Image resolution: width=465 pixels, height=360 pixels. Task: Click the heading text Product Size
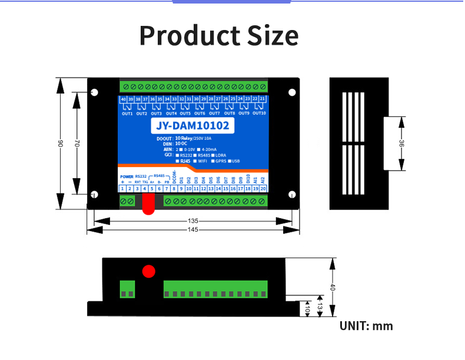[x=219, y=36]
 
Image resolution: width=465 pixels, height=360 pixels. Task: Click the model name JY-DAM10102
[x=192, y=125]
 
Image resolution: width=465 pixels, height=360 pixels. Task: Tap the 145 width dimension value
[x=193, y=229]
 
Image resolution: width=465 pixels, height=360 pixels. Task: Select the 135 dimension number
[x=193, y=221]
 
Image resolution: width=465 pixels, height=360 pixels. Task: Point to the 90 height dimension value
[x=60, y=144]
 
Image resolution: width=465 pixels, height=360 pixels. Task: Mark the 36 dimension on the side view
[x=401, y=143]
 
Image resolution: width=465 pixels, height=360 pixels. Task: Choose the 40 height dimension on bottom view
[x=333, y=288]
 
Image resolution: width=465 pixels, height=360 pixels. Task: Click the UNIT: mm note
[x=366, y=326]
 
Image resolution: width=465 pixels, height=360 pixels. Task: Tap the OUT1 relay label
[x=127, y=113]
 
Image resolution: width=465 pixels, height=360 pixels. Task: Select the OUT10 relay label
[x=259, y=113]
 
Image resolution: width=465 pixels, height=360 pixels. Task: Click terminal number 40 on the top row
[x=124, y=99]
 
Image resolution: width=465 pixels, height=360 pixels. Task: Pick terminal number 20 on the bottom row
[x=263, y=189]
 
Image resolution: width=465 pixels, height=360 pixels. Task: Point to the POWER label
[x=127, y=176]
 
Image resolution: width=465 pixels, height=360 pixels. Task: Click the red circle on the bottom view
[x=148, y=271]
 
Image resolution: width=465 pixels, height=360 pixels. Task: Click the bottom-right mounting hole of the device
[x=291, y=195]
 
